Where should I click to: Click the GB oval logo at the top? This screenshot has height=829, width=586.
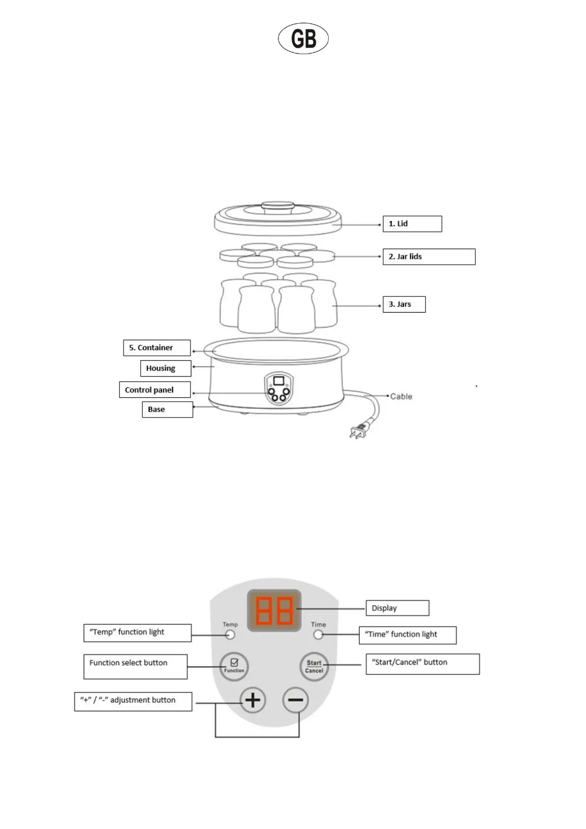pos(303,38)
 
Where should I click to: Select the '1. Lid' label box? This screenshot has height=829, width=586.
pos(412,223)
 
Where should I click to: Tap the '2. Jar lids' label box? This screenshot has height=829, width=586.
pos(429,256)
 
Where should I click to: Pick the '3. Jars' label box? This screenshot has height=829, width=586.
pos(403,304)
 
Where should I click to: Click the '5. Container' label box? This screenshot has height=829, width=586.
pos(156,348)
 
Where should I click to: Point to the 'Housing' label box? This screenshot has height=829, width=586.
pos(165,368)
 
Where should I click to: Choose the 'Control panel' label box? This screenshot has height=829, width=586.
pos(154,390)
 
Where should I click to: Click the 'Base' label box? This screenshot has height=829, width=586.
pos(167,410)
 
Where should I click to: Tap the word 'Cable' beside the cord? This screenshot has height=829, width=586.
pos(401,396)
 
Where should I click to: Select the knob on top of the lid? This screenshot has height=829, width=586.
pos(278,207)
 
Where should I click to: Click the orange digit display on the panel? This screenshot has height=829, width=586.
pos(274,610)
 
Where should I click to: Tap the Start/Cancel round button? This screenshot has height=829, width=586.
pos(314,667)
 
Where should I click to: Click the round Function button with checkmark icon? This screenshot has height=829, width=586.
pos(234,667)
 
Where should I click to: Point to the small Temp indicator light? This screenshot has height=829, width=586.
pos(230,635)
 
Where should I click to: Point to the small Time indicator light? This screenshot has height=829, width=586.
pos(318,635)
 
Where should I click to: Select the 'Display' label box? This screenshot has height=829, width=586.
pos(397,608)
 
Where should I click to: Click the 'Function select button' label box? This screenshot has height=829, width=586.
pos(135,667)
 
